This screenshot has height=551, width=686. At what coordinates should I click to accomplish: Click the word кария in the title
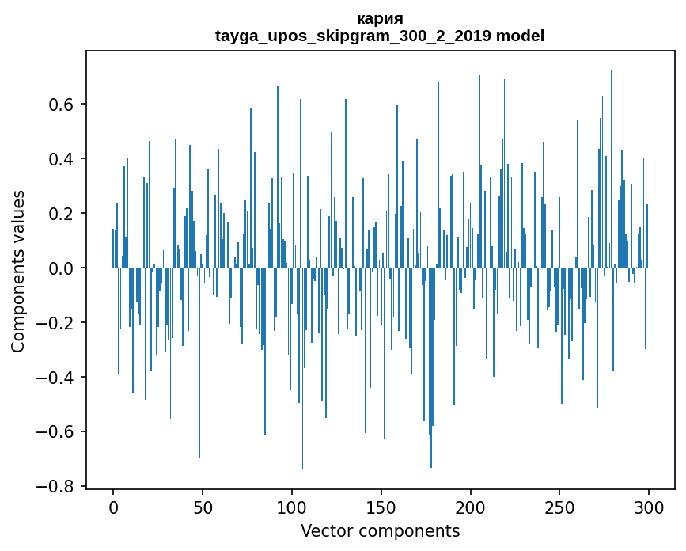click(380, 19)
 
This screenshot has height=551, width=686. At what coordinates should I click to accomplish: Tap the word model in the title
click(520, 36)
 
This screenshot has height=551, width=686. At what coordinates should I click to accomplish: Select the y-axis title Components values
click(18, 271)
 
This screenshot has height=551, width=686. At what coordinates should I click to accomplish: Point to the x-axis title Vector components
click(380, 531)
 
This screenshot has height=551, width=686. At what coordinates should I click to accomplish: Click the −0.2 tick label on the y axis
click(58, 323)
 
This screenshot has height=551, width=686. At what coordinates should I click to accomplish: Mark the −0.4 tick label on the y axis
click(58, 378)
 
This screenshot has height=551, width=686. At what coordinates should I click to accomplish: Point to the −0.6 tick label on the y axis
click(58, 432)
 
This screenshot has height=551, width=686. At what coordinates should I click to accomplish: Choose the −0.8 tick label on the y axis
click(58, 487)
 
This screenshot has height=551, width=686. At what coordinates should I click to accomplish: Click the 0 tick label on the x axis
click(113, 506)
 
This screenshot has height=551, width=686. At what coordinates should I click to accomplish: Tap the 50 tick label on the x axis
click(203, 506)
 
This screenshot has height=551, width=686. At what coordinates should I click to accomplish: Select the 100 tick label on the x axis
click(292, 506)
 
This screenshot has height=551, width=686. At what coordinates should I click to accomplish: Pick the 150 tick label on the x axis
click(381, 506)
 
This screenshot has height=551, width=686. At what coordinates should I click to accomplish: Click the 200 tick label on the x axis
click(471, 506)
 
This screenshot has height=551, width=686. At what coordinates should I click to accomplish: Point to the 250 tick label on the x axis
click(560, 506)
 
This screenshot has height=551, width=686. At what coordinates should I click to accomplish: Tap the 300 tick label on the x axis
click(649, 506)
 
